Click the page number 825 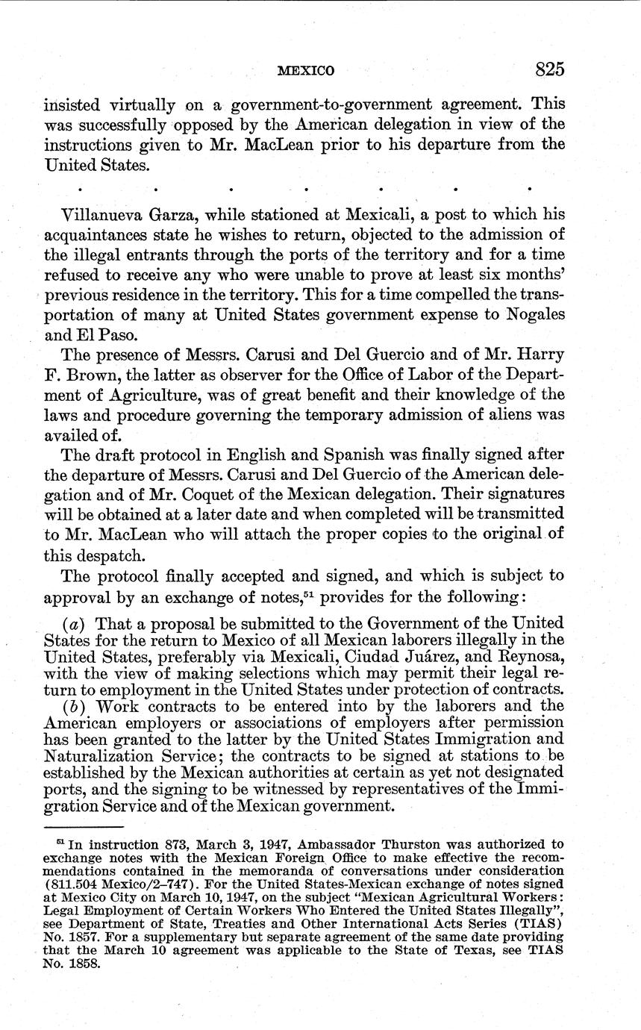click(549, 69)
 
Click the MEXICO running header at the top click(305, 72)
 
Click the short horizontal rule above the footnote click(84, 827)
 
